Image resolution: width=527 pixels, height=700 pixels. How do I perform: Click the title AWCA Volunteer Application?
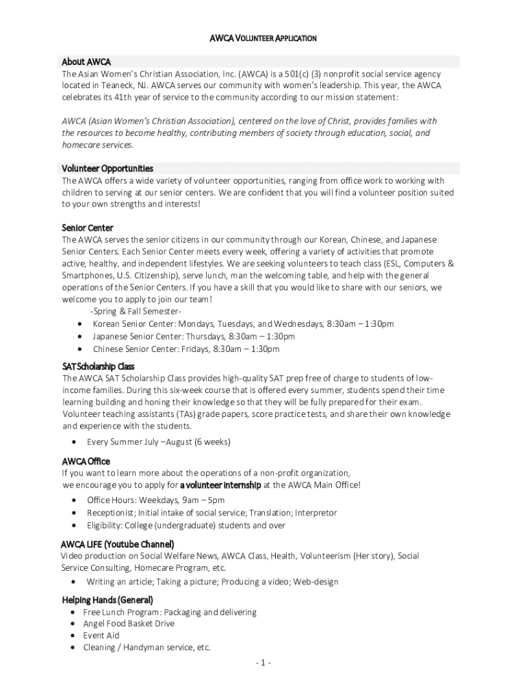(263, 38)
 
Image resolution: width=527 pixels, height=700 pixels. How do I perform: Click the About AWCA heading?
(86, 62)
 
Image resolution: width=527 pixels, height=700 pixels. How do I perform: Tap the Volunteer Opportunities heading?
(107, 168)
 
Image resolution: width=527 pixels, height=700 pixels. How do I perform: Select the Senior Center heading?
(88, 228)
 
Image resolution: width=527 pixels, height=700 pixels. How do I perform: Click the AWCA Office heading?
(86, 461)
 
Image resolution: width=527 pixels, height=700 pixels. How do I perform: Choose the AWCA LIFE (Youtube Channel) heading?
(117, 544)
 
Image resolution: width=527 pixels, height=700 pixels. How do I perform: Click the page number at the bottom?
(263, 663)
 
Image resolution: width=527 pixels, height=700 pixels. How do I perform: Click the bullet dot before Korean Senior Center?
(81, 324)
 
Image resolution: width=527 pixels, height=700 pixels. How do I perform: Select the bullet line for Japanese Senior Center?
(194, 336)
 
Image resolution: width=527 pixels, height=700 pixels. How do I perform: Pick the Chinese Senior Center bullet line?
(186, 349)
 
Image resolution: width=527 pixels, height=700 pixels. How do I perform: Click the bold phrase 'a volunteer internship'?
(220, 485)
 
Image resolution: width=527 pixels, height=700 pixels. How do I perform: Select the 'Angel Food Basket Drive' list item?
(129, 623)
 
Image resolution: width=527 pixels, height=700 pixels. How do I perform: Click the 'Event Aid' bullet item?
(101, 635)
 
